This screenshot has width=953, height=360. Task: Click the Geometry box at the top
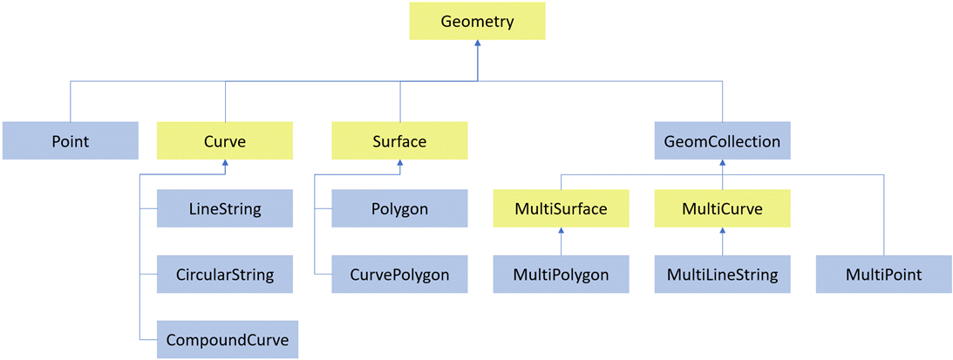[477, 21]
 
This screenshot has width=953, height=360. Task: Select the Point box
[70, 140]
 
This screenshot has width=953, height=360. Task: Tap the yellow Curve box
[225, 140]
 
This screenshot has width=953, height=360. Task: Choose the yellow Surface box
[399, 140]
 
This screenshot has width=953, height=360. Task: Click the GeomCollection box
[722, 140]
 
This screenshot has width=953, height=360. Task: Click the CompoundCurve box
[227, 339]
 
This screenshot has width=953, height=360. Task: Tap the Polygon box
[399, 209]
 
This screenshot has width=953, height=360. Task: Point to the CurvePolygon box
[399, 275]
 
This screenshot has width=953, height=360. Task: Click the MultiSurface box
[561, 209]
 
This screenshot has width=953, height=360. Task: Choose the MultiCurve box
[722, 209]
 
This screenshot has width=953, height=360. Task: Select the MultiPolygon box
[561, 275]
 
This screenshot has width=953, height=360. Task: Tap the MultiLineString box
[722, 275]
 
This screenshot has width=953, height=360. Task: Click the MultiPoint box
[883, 275]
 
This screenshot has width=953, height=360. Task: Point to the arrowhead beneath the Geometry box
[477, 44]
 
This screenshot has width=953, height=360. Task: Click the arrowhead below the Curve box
[226, 164]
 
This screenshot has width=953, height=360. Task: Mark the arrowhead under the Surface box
[400, 164]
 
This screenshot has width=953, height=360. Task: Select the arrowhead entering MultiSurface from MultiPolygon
[561, 232]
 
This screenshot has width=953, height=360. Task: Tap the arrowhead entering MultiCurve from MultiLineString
[722, 232]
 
